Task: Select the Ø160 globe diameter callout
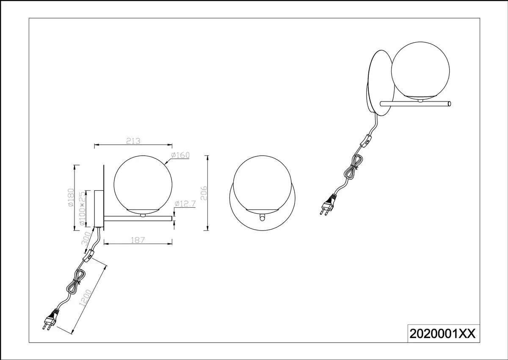180,155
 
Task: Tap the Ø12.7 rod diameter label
185,204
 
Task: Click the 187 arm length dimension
138,240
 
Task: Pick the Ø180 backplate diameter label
71,197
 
